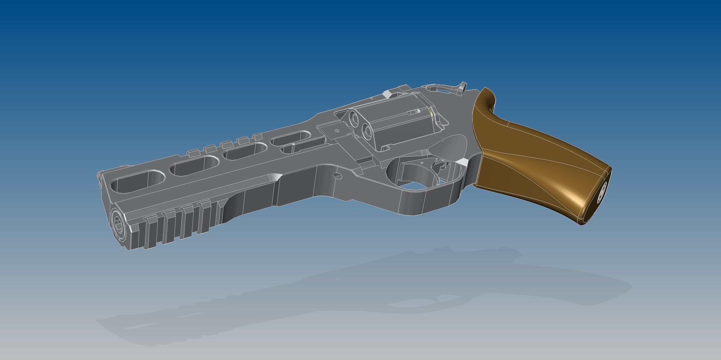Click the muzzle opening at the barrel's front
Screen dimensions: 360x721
coord(119,222)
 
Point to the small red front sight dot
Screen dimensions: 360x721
coord(98,176)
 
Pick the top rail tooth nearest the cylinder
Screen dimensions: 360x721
coord(257,136)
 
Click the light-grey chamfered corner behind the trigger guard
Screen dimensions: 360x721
coord(462,162)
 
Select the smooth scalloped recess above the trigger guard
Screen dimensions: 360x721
coord(446,145)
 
